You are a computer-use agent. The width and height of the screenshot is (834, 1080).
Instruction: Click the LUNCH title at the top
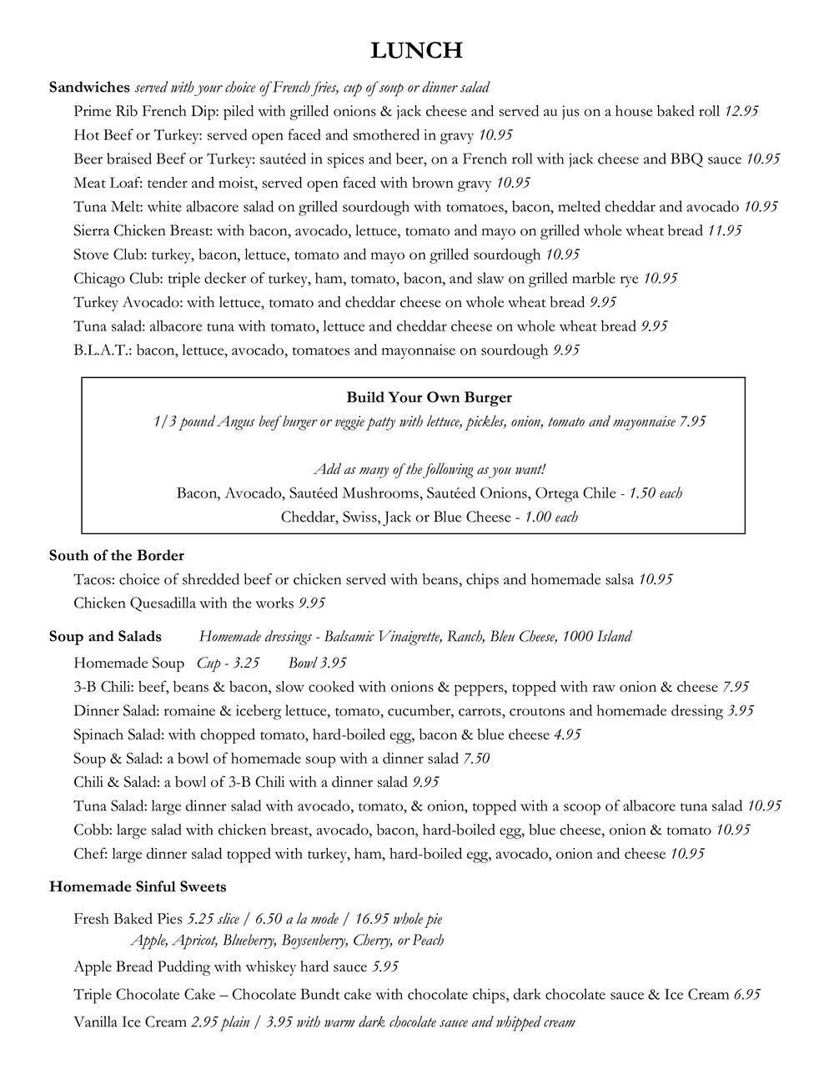click(417, 51)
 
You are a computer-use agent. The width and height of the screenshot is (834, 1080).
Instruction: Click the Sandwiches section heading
click(89, 87)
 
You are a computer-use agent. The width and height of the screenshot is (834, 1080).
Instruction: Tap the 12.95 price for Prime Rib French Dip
click(741, 111)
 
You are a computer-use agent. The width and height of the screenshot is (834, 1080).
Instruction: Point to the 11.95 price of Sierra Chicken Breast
click(724, 230)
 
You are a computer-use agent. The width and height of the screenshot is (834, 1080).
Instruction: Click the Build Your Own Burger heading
click(429, 397)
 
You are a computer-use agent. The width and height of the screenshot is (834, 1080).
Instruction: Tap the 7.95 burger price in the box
click(692, 421)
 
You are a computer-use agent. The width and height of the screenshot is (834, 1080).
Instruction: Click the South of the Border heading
click(116, 555)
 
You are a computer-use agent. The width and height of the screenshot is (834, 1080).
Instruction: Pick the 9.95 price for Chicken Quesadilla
click(311, 603)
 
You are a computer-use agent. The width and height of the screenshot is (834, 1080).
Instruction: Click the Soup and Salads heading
click(105, 637)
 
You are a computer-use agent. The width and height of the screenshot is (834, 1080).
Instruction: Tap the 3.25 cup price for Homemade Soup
click(246, 664)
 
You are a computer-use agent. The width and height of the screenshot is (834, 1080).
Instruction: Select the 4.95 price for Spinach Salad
click(567, 735)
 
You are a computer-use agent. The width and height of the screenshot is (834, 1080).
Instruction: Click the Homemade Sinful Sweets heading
click(138, 886)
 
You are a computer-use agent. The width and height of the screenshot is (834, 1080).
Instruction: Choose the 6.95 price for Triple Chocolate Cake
click(746, 995)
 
